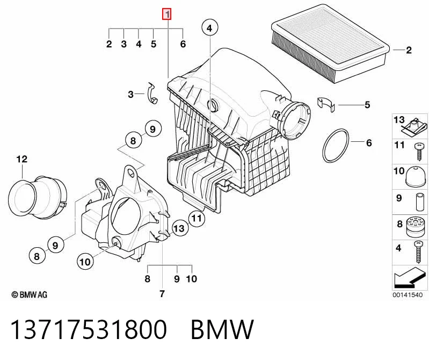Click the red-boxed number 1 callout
166,14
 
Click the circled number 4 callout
209,28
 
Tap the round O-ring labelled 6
336,146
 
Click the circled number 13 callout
179,228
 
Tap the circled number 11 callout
197,219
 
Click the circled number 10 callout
84,262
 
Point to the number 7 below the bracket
162,294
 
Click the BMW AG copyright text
30,294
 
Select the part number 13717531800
89,329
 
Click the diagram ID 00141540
408,295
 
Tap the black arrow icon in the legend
410,278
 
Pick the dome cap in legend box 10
416,176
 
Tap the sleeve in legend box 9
420,202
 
